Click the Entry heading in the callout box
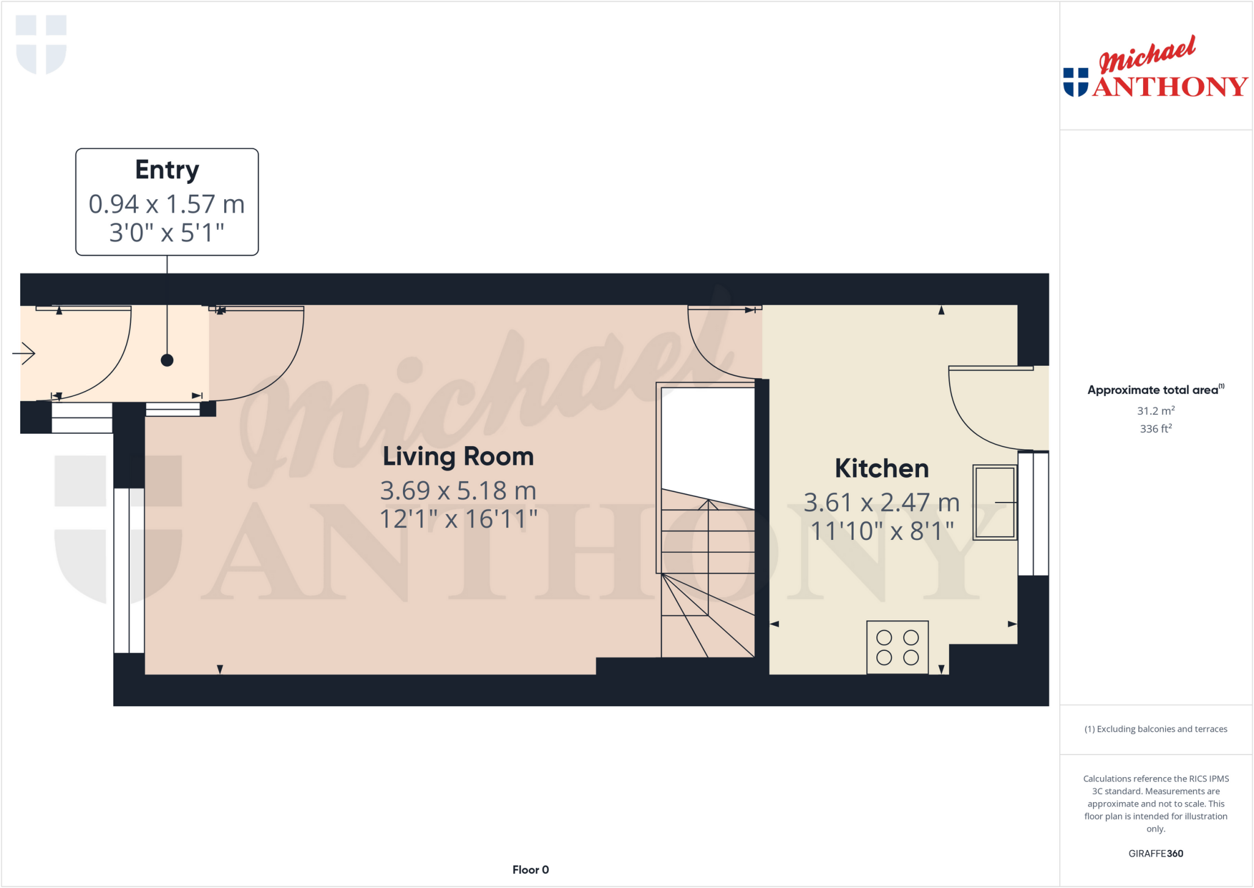tap(167, 170)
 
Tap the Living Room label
tap(458, 457)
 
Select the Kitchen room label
tap(882, 469)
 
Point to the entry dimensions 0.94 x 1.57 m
tap(167, 204)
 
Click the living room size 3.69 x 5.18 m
tap(458, 490)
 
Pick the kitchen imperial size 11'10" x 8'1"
tap(882, 531)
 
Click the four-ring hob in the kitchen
tap(897, 647)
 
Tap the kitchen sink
tap(994, 503)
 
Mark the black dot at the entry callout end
tap(167, 360)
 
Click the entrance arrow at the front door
tap(24, 353)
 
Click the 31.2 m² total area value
tap(1155, 411)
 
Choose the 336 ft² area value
tap(1155, 428)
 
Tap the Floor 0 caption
tap(530, 870)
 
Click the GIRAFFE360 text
tap(1155, 853)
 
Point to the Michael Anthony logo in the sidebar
tap(1155, 69)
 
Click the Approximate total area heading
tap(1154, 390)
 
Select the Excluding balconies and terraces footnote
tap(1155, 729)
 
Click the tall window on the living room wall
tap(129, 570)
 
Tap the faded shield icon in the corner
tap(41, 44)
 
